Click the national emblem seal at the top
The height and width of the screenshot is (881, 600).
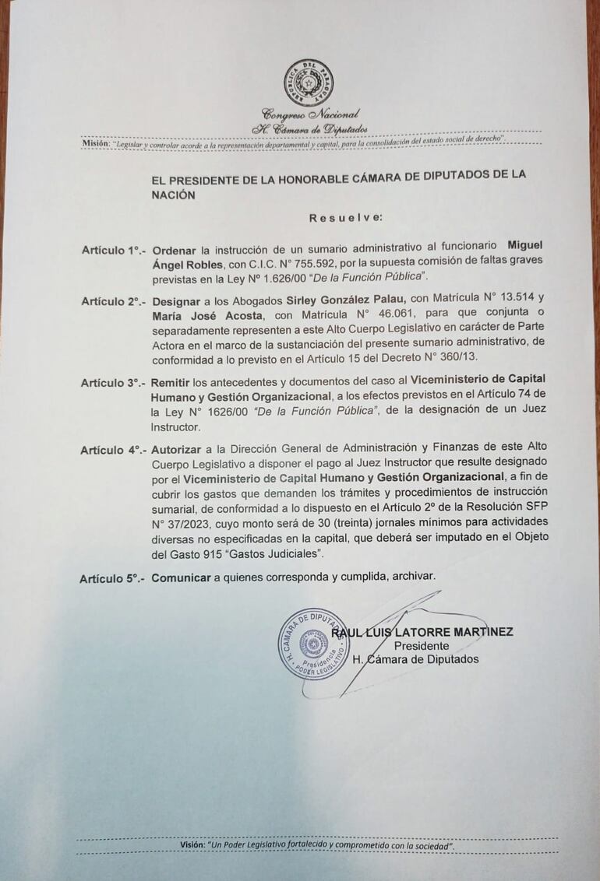click(x=309, y=82)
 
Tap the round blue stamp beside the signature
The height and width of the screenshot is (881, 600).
click(x=314, y=644)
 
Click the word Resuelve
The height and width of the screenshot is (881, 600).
click(x=345, y=218)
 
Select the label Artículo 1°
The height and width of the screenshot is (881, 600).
click(x=113, y=250)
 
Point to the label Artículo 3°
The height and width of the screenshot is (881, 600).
click(x=112, y=383)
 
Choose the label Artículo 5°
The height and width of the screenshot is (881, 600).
click(x=111, y=578)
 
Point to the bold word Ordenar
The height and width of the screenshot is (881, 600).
click(x=174, y=250)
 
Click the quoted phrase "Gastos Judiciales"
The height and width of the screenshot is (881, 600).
click(x=275, y=553)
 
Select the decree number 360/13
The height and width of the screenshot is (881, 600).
click(x=460, y=356)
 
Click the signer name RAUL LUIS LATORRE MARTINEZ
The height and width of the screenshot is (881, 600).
click(x=422, y=632)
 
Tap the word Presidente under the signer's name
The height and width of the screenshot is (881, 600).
click(x=422, y=646)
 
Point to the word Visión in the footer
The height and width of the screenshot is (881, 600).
click(x=192, y=845)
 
